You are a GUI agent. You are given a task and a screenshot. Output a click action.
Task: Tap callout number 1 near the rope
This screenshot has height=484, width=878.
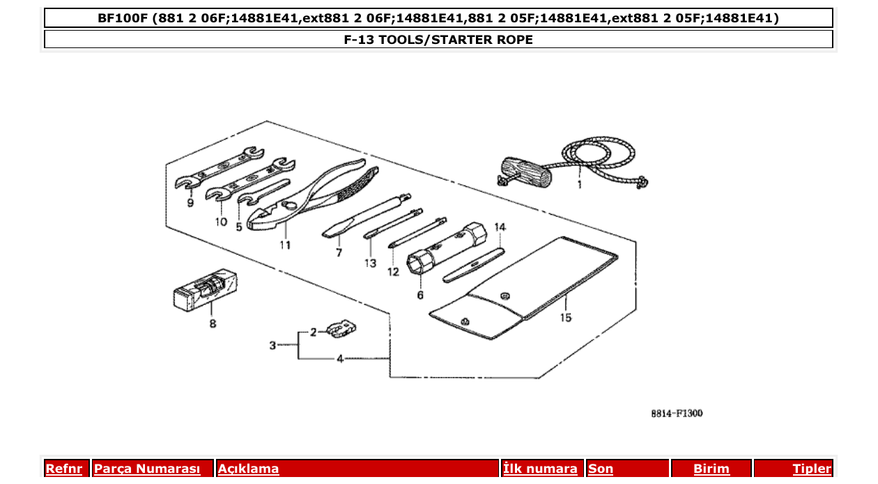(579, 186)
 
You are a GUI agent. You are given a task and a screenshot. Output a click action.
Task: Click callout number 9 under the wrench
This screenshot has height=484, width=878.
(190, 204)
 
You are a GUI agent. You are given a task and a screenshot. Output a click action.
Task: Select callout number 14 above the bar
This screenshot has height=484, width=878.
(500, 227)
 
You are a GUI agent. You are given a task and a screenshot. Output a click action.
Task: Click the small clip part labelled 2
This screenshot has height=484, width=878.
(341, 326)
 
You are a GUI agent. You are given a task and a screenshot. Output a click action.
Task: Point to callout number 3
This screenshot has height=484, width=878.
(273, 345)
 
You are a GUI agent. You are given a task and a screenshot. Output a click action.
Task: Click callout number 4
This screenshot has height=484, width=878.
(339, 359)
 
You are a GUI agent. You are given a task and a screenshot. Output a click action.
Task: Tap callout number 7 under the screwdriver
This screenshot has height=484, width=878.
(339, 253)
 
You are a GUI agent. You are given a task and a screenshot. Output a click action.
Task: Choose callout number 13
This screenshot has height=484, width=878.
(369, 264)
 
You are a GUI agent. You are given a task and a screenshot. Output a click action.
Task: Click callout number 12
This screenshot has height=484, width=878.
(394, 271)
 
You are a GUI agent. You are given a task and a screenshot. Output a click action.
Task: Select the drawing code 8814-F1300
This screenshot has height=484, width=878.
(677, 414)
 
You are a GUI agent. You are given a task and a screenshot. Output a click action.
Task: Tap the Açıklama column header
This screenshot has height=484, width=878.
(249, 469)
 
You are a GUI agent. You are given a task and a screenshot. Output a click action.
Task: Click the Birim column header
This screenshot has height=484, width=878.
(711, 469)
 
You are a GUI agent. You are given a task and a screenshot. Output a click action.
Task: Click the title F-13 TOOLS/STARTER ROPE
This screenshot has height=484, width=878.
(438, 40)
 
